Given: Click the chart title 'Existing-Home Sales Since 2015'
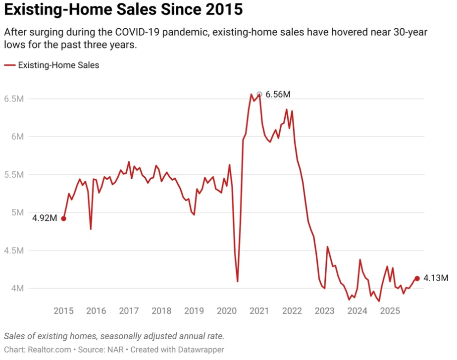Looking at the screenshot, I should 123,9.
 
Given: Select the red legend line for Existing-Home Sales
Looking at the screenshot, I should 9,65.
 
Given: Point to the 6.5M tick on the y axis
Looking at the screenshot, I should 13,99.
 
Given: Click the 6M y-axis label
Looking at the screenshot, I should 17,137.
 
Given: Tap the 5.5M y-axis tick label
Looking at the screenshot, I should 13,175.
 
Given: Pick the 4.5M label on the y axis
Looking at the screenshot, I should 13,251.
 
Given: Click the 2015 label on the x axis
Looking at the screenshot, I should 63,311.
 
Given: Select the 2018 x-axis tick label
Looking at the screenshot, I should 161,311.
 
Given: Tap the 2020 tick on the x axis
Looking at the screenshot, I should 227,311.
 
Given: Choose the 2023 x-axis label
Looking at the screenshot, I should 325,311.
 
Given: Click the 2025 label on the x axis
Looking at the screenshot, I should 390,311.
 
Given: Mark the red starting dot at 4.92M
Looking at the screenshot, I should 63,218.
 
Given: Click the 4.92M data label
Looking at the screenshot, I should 45,218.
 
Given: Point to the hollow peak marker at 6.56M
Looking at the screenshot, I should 259,94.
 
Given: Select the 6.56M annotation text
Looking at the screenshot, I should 278,94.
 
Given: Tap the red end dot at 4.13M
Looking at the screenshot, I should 417,278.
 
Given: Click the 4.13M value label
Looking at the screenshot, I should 436,278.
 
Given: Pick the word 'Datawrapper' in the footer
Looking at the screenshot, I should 200,350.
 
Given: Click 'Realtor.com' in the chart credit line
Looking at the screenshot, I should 45,350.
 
